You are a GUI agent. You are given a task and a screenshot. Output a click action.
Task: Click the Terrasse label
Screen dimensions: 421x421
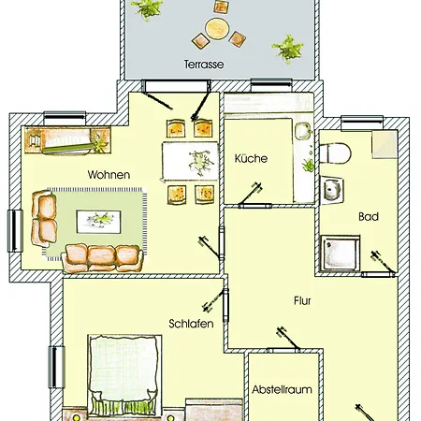pos(204,65)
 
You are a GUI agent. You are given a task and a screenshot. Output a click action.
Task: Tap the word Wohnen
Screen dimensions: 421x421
pos(109,175)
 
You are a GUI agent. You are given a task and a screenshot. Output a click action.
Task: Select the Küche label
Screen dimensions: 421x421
pos(251,158)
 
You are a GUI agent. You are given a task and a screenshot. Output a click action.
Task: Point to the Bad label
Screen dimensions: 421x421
pos(369,216)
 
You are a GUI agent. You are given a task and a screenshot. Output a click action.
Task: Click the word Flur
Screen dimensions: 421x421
pos(302,300)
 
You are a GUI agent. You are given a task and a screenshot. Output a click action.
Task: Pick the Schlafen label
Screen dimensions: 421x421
pos(191,324)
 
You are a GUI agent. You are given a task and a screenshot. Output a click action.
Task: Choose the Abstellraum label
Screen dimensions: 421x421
pos(282,389)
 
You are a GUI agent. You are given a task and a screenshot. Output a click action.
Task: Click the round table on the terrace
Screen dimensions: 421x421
pos(217,28)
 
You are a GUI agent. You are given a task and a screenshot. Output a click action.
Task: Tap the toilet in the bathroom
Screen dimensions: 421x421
pos(336,152)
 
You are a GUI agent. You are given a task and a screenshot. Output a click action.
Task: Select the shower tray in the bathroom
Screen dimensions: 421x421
pos(341,253)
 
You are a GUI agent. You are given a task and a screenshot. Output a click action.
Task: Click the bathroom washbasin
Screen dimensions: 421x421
pos(332,189)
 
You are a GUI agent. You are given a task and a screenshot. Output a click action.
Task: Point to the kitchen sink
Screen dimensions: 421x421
pos(303,131)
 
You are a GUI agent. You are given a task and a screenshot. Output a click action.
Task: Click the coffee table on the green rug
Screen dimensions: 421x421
pos(99,222)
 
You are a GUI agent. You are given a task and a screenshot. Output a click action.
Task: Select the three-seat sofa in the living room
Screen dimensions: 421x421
pos(103,258)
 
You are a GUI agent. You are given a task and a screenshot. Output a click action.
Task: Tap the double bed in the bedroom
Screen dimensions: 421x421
pos(124,376)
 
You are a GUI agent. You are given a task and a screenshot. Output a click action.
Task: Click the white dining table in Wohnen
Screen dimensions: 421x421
pos(190,161)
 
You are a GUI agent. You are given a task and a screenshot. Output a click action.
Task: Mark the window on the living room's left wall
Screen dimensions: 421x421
pos(15,231)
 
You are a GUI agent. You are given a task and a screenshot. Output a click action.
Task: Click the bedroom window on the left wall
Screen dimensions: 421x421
pos(56,367)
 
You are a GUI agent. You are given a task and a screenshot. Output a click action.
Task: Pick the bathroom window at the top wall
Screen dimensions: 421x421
pos(362,123)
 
